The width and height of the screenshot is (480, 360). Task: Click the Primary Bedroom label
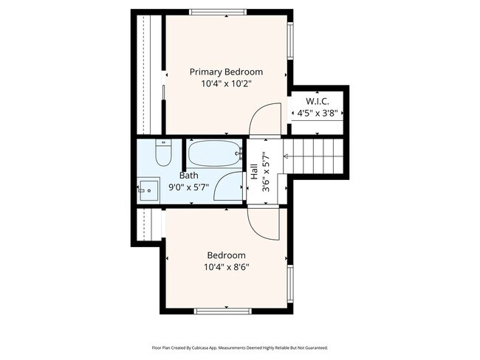[226, 72]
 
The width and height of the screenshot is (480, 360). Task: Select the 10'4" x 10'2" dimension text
[226, 84]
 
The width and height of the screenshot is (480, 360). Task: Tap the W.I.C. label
[318, 100]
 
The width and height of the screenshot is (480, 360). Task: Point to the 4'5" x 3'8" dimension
[318, 113]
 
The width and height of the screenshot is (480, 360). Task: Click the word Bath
[188, 176]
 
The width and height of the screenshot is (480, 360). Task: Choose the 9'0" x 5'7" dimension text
[188, 187]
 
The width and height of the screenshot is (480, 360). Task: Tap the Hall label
[254, 173]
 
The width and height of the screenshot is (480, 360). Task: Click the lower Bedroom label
[226, 255]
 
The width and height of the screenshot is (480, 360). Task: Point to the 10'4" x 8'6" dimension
[226, 267]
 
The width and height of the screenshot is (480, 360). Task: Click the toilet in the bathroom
[164, 153]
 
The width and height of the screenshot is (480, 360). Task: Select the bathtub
[215, 154]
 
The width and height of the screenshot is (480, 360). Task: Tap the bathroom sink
[148, 189]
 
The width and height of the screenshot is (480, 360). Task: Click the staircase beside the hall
[316, 157]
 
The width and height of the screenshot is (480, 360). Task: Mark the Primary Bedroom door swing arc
[264, 118]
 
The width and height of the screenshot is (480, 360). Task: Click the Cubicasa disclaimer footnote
[240, 347]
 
